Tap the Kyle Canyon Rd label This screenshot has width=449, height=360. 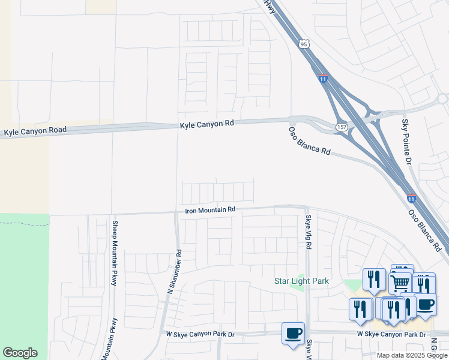click(206, 124)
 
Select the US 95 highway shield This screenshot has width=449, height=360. click(304, 44)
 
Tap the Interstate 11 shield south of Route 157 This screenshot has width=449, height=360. click(411, 197)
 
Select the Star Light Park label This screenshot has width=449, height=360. click(301, 281)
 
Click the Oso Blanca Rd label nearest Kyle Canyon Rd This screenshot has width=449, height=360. click(309, 142)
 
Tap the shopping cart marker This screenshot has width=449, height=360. click(400, 282)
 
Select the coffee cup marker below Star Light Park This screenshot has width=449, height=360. click(293, 333)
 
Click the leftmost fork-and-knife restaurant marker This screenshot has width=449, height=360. click(360, 309)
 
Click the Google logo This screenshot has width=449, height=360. click(20, 353)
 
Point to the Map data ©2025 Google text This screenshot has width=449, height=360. click(412, 355)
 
